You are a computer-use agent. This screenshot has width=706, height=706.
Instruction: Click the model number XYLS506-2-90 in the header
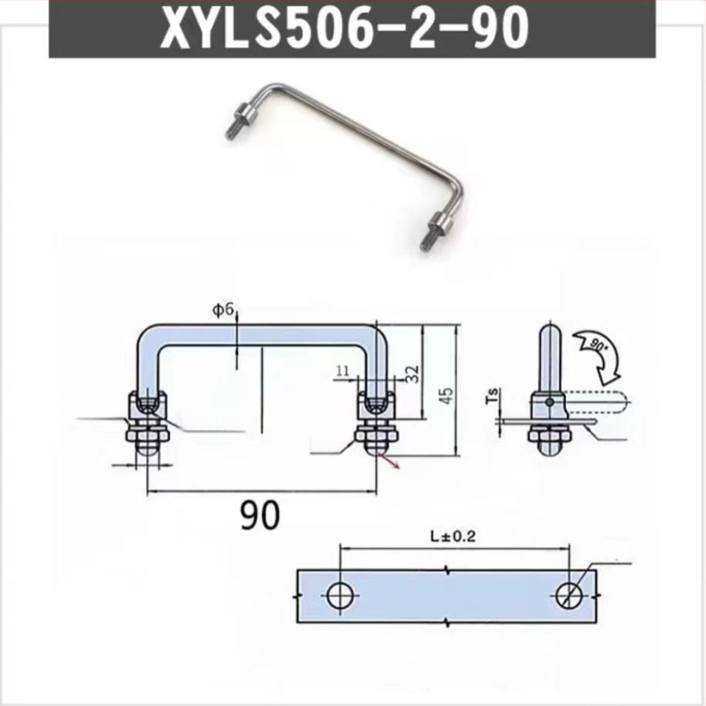pos(344,28)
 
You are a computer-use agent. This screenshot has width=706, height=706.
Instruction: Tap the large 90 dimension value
pos(259,515)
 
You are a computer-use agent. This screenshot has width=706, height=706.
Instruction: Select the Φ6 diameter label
pos(223,311)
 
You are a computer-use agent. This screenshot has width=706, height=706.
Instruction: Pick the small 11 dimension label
pos(342,371)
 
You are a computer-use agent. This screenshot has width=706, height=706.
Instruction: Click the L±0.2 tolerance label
pos(453,537)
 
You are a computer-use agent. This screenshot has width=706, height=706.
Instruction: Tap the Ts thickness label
pos(493,395)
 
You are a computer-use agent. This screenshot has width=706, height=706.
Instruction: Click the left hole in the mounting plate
pos(341,595)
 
